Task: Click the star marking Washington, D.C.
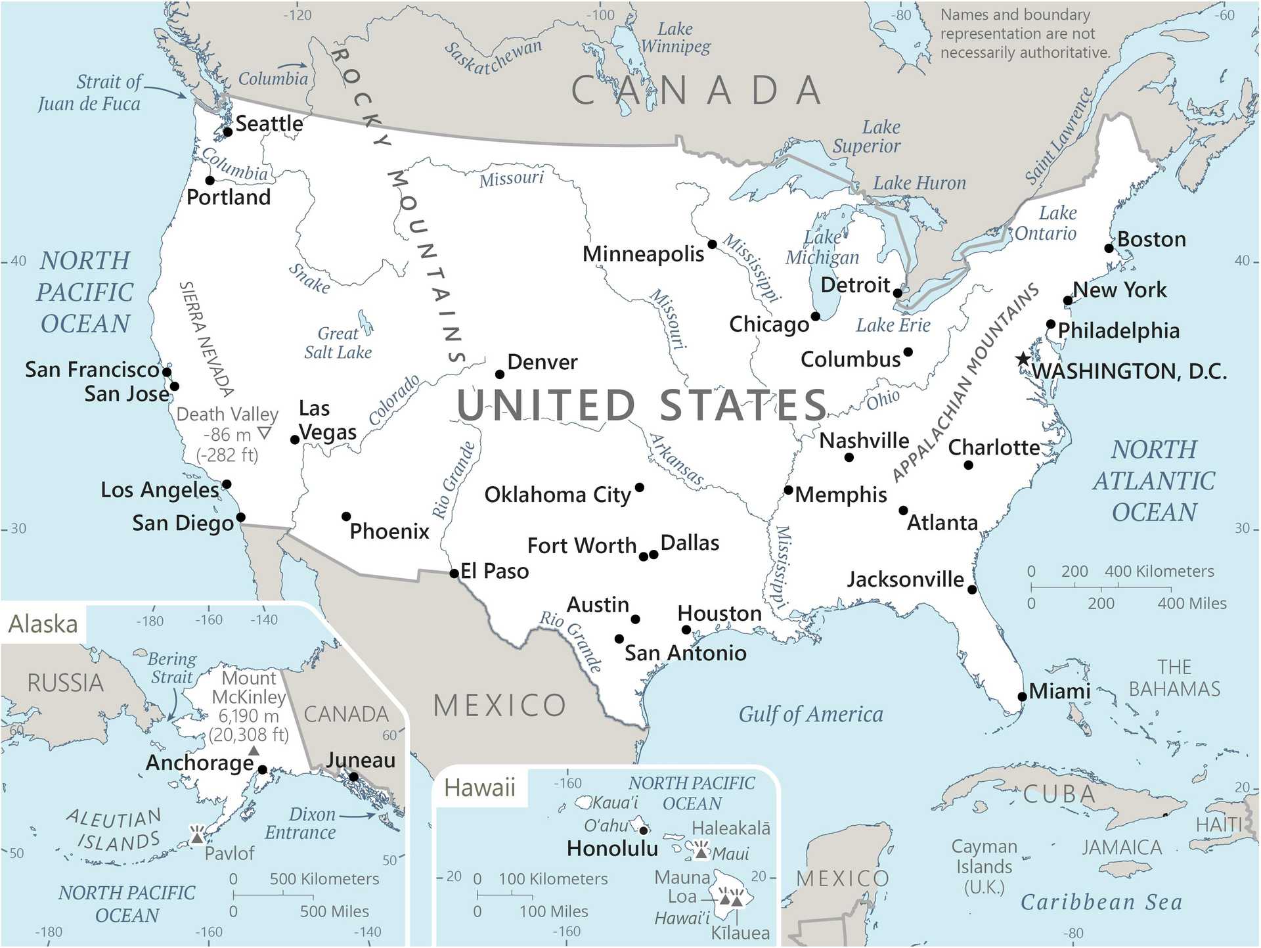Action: (1023, 359)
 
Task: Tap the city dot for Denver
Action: (500, 374)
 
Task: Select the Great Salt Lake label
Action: (338, 343)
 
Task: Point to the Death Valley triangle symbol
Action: (264, 433)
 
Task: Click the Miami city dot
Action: (1022, 697)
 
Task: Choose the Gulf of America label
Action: (810, 714)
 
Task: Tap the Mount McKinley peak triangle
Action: (254, 751)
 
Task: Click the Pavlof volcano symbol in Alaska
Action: (197, 836)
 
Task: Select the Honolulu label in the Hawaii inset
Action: (612, 849)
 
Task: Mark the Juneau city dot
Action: (353, 777)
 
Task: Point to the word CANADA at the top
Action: (697, 91)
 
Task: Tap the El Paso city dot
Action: (454, 574)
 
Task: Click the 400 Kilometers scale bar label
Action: (1159, 572)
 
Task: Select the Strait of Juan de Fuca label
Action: (90, 93)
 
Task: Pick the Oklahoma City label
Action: (558, 495)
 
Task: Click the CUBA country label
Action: (1059, 794)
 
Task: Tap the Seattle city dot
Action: (228, 132)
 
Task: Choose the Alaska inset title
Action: (43, 623)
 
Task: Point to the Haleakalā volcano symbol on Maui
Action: (701, 851)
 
